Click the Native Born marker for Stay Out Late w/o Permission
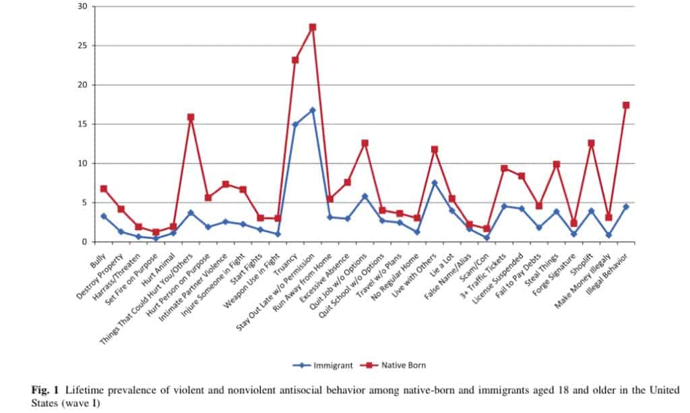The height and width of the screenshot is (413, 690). pos(313,27)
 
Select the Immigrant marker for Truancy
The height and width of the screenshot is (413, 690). pos(295,125)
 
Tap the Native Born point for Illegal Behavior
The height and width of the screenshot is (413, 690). pos(626,105)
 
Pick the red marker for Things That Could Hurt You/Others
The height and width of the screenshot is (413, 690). pos(191,117)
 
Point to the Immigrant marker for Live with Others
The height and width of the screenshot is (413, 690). pos(435,183)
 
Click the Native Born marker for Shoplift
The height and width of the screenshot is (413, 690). pos(591,143)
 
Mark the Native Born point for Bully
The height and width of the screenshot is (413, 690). pos(104,189)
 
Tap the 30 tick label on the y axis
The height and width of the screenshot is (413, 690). pos(83,7)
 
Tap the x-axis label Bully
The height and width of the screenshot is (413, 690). pos(98,254)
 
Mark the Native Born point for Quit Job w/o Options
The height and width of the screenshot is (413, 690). pos(365,143)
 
